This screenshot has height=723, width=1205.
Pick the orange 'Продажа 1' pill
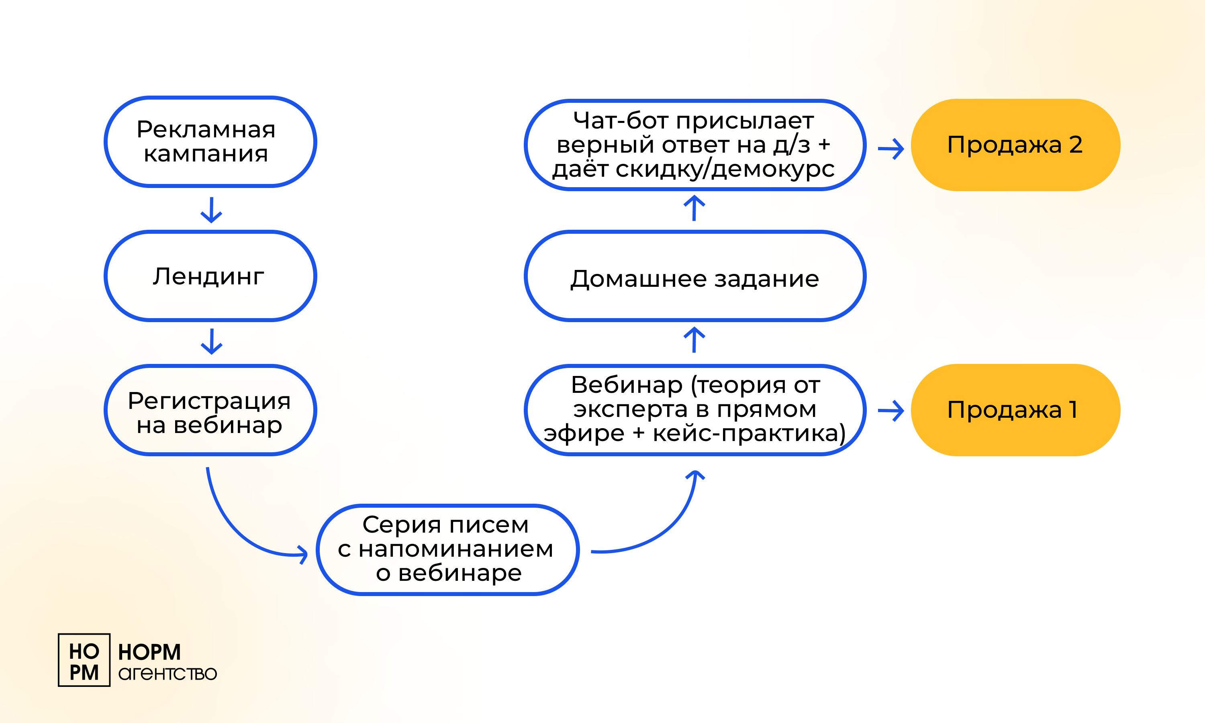[x=1015, y=410]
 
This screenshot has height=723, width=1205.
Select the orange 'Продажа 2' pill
[x=1015, y=145]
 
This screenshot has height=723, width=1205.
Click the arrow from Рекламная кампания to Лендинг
[x=211, y=210]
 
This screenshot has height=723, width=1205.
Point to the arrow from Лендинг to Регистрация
[x=211, y=341]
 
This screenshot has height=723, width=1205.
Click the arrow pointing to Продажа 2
[x=891, y=149]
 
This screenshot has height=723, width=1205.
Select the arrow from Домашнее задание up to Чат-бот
[x=694, y=208]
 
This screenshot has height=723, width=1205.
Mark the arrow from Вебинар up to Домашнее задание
[x=694, y=339]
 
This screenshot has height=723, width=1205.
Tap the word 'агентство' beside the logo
[x=167, y=674]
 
